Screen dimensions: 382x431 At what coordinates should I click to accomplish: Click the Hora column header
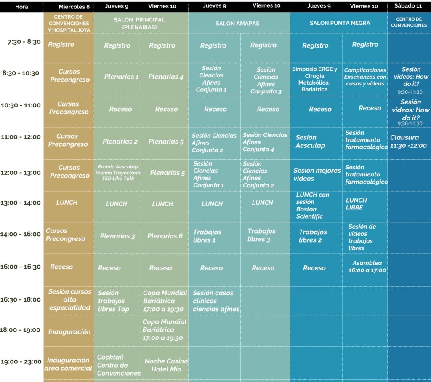coord(21,7)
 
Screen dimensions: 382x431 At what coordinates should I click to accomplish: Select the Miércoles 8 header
coord(74,7)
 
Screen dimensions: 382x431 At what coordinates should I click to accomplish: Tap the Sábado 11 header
coord(408,6)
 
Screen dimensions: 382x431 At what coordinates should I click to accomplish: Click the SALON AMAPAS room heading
coord(237,24)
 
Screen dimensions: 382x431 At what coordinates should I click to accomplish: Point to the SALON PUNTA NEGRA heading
coord(340,23)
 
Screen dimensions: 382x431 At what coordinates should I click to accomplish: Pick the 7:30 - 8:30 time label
coord(24,42)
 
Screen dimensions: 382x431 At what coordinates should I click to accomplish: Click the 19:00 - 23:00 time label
coord(21,361)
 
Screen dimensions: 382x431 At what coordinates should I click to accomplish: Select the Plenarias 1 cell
coord(121,77)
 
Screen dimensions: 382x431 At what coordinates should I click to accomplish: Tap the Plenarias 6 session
coord(165,236)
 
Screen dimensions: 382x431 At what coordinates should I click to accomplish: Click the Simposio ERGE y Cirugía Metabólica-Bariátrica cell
coord(314,79)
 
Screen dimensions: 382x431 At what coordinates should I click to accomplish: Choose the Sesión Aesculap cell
coord(310,141)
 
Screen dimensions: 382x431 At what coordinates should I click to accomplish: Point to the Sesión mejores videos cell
coord(317,174)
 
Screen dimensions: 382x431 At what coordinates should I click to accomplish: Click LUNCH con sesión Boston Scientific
coord(312,206)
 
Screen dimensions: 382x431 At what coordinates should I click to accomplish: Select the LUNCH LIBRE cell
coord(356,203)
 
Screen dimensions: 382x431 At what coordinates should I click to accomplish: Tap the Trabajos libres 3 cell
coord(261,235)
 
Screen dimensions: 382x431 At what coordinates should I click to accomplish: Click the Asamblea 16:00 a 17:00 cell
coord(367,266)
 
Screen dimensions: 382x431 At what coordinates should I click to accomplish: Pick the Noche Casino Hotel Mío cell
coord(166,365)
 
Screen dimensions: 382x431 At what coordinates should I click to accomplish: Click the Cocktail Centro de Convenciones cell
coord(118,365)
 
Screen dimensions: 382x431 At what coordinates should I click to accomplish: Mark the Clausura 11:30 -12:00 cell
coord(408,142)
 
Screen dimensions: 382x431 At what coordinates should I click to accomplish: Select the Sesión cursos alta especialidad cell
coord(69,299)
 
